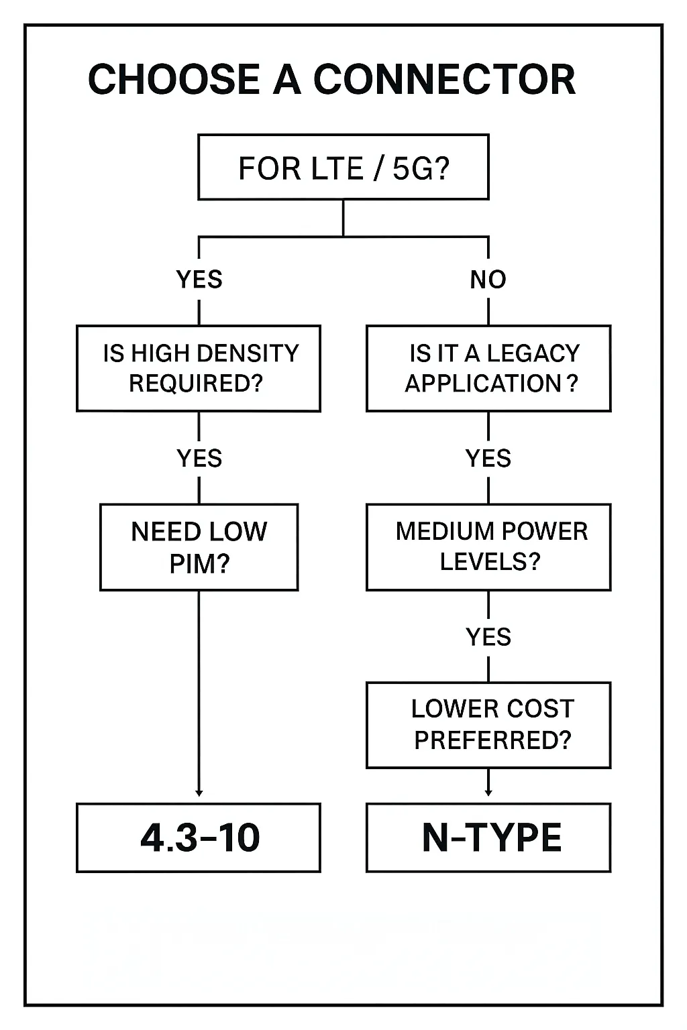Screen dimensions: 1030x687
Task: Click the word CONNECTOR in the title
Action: (x=444, y=79)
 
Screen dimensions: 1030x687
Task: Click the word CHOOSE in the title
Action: (x=174, y=79)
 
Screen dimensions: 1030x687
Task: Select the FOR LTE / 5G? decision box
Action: (x=343, y=167)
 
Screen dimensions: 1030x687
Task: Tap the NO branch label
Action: (x=488, y=279)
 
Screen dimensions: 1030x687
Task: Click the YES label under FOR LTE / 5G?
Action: (x=199, y=279)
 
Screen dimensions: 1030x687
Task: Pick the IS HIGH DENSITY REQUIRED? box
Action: (x=199, y=368)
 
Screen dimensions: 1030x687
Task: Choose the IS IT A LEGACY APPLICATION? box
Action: (x=488, y=368)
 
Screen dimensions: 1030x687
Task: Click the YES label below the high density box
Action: (x=199, y=458)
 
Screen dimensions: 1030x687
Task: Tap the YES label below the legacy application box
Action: (x=488, y=458)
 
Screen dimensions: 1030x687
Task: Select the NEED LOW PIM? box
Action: (x=199, y=547)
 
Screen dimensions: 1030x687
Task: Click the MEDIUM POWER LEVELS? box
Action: (x=488, y=547)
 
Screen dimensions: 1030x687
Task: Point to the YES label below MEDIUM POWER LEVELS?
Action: (x=488, y=636)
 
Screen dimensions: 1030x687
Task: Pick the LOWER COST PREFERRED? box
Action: (x=488, y=725)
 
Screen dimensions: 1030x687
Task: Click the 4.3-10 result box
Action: (x=199, y=838)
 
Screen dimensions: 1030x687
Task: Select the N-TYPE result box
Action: (x=488, y=838)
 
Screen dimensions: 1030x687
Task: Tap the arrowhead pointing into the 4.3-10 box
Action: (x=199, y=793)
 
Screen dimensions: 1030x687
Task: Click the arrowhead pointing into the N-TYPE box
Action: (x=488, y=793)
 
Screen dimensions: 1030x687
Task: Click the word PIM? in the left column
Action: (x=199, y=563)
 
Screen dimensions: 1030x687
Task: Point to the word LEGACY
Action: (x=533, y=353)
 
